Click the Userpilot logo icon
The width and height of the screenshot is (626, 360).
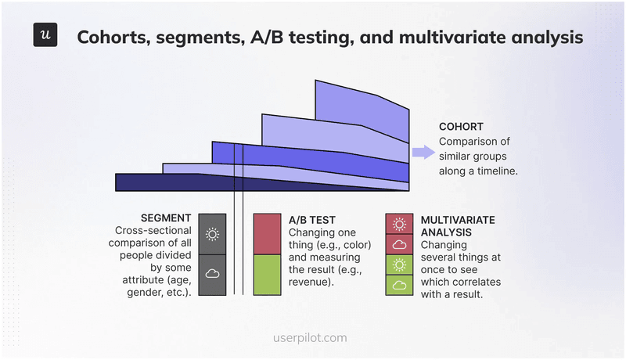[45, 35]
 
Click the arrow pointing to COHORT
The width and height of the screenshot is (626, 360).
[423, 153]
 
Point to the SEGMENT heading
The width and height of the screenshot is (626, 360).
[167, 218]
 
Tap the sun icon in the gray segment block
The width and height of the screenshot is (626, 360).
[212, 234]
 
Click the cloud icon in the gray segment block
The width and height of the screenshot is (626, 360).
[212, 274]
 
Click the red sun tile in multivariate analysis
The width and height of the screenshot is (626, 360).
[399, 224]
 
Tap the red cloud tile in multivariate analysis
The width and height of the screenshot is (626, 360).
[399, 244]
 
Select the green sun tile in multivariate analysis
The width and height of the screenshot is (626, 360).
[399, 265]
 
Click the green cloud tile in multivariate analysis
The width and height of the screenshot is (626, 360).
[399, 285]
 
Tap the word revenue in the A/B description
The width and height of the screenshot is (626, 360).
[311, 282]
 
